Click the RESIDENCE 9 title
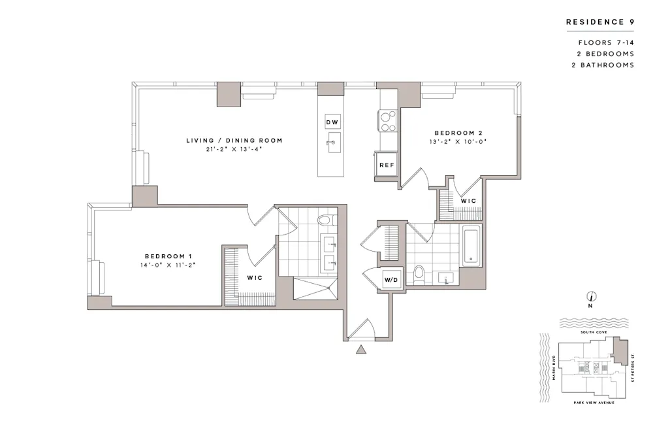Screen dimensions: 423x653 coord(599,22)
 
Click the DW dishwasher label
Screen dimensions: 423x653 coord(332,122)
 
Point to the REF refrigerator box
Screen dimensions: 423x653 coord(387,165)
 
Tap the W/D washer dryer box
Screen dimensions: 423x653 coord(391,280)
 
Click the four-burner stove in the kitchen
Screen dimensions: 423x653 coord(387,120)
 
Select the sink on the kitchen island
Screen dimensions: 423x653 coord(332,143)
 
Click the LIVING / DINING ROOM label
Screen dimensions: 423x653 coord(234,141)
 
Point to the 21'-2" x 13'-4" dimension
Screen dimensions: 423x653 coord(234,150)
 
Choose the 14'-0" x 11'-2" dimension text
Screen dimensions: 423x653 coord(168,265)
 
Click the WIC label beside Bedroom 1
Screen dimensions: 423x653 coord(255,278)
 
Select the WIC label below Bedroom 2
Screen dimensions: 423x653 coord(468,200)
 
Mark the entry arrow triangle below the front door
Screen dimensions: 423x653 coord(360,350)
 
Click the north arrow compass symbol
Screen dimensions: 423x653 coord(590,296)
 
